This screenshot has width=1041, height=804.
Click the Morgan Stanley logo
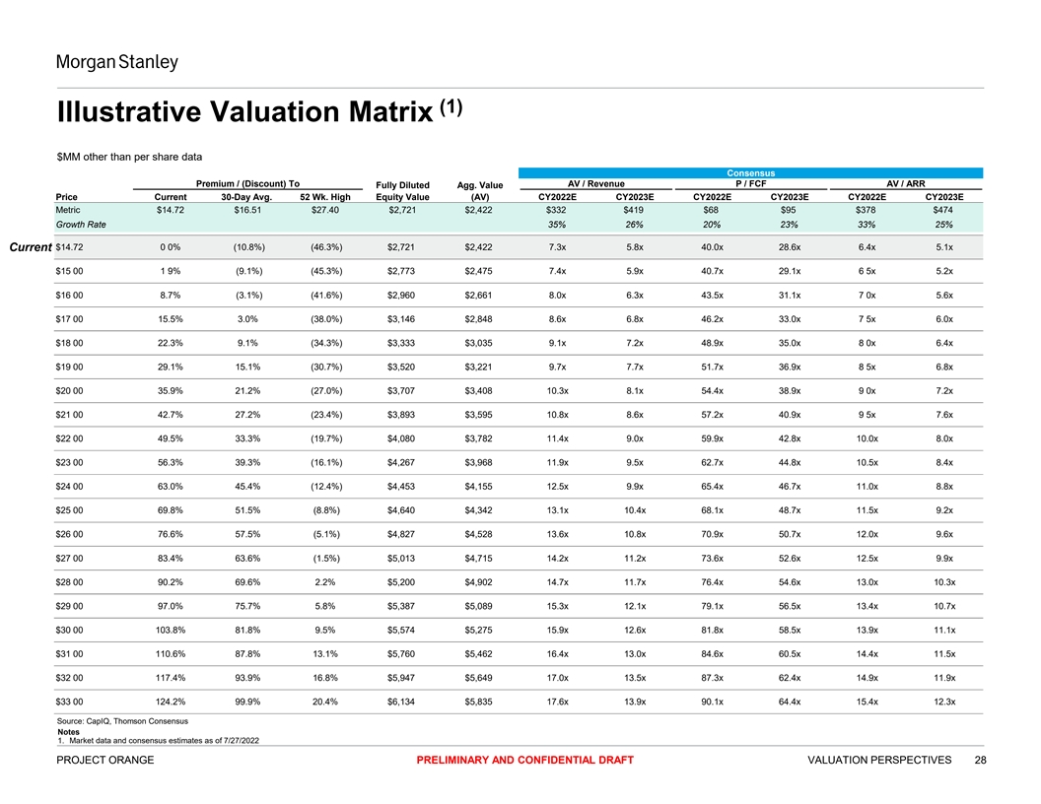coord(116,63)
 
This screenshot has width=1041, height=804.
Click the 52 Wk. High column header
coord(324,196)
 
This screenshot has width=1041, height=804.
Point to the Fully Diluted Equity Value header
coord(402,190)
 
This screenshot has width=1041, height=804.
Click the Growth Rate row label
coord(81,225)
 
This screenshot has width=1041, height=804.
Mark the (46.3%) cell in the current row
coord(324,246)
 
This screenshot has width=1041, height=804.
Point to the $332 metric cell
coord(556,210)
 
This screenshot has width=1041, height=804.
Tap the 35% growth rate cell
coord(556,225)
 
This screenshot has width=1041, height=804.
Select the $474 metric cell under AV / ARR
coord(943,210)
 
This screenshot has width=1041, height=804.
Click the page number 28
coord(980,760)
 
